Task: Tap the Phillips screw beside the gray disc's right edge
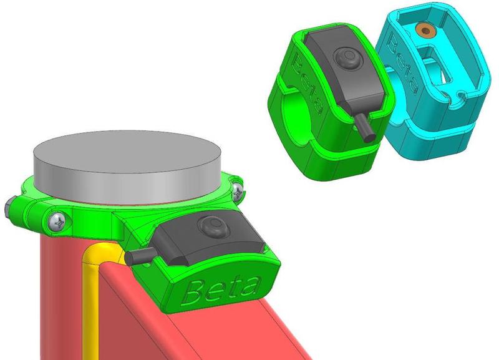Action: coord(238,192)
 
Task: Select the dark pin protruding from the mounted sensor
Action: coord(139,256)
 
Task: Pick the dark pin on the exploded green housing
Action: coord(364,128)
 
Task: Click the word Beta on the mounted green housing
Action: coord(222,289)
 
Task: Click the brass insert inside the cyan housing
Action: coord(425,31)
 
